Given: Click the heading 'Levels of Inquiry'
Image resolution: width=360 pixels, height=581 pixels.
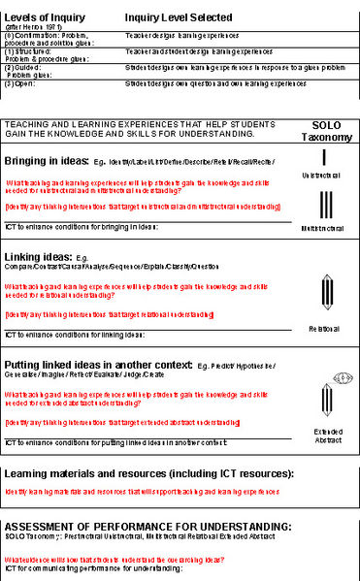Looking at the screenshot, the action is click(x=44, y=17).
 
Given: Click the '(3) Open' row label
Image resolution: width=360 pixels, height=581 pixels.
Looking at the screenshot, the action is click(x=20, y=83).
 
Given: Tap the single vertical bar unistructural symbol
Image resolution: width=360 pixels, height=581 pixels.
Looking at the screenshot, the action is click(x=325, y=158).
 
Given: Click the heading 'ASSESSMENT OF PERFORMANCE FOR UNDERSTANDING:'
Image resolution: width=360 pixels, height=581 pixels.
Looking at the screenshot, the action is click(x=147, y=525).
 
